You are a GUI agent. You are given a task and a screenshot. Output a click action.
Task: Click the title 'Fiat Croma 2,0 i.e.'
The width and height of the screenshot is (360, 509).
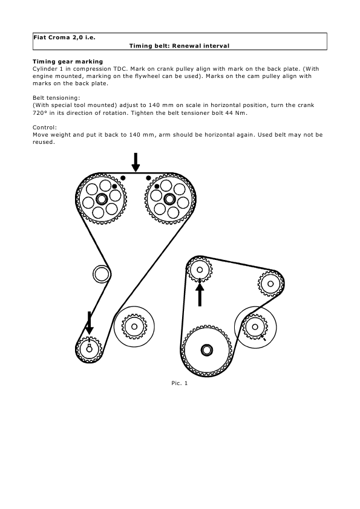tap(64, 37)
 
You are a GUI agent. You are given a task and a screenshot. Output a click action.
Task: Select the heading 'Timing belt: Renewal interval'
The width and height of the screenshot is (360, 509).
tap(179, 46)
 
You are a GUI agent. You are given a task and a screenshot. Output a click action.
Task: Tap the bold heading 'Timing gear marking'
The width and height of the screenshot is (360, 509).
tap(68, 62)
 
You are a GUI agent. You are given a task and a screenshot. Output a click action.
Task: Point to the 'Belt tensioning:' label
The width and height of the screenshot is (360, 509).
tap(56, 98)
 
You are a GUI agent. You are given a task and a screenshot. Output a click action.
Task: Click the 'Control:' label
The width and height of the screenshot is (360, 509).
tap(45, 127)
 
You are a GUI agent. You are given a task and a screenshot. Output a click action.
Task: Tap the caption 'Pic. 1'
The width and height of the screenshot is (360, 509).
tap(179, 383)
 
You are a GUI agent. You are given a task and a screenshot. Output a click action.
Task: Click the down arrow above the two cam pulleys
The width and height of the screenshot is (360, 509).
tap(136, 162)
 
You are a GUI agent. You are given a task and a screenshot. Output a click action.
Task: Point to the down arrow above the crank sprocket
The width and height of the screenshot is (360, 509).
tap(89, 323)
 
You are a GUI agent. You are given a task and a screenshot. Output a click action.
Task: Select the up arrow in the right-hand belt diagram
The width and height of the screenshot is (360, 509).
tap(200, 294)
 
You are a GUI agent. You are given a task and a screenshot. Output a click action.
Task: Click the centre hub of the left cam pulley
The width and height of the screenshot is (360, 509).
tap(102, 199)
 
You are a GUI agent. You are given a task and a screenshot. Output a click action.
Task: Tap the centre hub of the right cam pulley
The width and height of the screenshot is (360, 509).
tap(169, 199)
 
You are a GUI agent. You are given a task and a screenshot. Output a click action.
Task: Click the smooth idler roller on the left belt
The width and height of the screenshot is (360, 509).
tap(102, 274)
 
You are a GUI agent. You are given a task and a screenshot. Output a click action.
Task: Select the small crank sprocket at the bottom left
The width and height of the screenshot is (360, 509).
tap(89, 349)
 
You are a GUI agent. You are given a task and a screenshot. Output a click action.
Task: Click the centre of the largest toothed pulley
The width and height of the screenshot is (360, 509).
tap(207, 350)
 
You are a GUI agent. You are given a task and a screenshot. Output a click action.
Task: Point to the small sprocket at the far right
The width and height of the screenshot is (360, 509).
tap(270, 284)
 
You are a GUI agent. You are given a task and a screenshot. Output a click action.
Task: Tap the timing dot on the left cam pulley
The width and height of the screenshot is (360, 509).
tap(114, 186)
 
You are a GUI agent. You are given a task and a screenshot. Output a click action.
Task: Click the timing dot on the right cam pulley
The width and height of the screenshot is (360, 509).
tap(157, 186)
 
